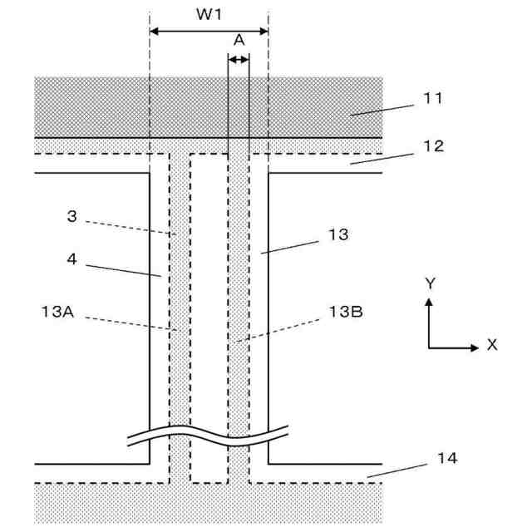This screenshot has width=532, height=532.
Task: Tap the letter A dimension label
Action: [x=239, y=40]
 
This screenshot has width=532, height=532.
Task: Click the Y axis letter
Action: [x=430, y=283]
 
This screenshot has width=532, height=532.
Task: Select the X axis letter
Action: [x=492, y=345]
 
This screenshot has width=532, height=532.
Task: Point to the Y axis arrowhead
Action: [x=430, y=302]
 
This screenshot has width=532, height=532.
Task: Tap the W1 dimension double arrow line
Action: [x=209, y=32]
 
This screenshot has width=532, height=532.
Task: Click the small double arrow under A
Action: [x=239, y=59]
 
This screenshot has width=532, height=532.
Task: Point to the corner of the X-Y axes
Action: [x=430, y=345]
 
